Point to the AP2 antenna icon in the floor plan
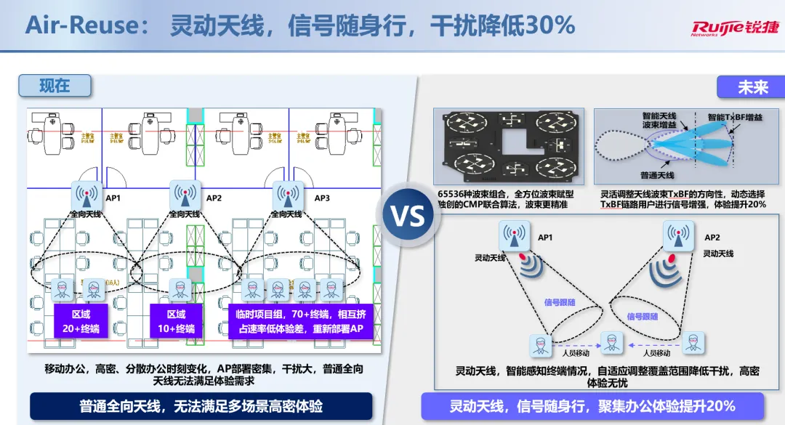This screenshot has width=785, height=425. tap(185, 195)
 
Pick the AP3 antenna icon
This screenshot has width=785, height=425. tap(287, 195)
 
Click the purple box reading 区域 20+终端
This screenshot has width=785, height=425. tap(80, 322)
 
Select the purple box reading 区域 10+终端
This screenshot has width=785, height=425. tap(176, 322)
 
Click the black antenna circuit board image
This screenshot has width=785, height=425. tap(507, 147)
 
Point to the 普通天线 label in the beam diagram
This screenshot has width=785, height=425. tap(657, 175)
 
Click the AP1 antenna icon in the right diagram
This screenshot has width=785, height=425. tap(514, 237)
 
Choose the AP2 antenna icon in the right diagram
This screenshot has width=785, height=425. tap(678, 237)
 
